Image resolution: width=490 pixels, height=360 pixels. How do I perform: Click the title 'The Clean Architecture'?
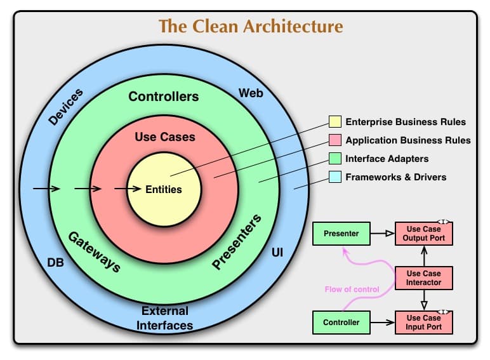tap(251, 27)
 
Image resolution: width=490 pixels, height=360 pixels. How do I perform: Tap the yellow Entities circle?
tap(164, 189)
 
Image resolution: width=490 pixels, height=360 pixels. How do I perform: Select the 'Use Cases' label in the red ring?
tap(165, 137)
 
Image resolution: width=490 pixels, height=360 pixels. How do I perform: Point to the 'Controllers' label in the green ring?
tap(164, 97)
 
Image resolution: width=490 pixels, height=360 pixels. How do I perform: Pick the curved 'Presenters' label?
tap(236, 243)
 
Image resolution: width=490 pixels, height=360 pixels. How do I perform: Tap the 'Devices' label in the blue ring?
tap(66, 108)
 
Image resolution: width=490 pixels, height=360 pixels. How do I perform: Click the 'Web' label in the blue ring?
tap(251, 93)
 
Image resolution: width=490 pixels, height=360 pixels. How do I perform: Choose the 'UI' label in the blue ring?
tap(277, 253)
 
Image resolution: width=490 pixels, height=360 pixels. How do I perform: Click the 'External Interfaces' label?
tap(165, 318)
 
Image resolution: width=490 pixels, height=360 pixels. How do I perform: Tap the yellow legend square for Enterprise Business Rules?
tap(334, 122)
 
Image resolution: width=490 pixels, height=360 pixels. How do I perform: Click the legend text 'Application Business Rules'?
tap(407, 140)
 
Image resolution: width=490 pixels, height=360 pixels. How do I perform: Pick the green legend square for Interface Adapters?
tap(334, 159)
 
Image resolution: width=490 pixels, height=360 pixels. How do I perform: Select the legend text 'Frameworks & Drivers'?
tap(395, 177)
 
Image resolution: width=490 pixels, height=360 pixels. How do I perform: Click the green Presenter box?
tap(341, 234)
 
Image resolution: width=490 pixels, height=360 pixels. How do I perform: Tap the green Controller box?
tap(341, 323)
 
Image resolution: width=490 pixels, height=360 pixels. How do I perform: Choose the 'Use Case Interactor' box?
tap(424, 278)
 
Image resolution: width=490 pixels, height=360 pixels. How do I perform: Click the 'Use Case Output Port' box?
tap(424, 234)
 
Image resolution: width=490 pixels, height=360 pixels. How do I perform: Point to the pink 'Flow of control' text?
tap(352, 290)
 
